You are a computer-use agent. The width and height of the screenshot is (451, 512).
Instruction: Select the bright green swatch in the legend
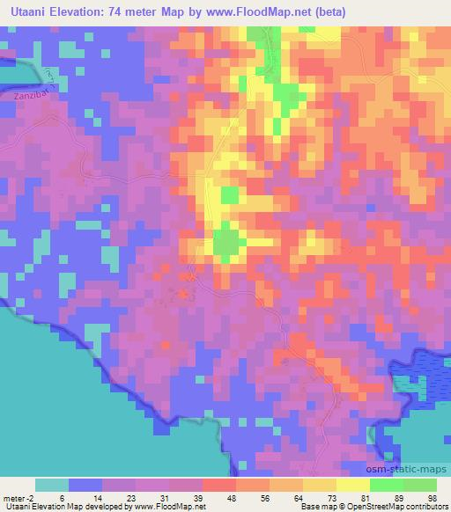[x=386, y=485]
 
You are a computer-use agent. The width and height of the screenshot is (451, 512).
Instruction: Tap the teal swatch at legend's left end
[x=52, y=485]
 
